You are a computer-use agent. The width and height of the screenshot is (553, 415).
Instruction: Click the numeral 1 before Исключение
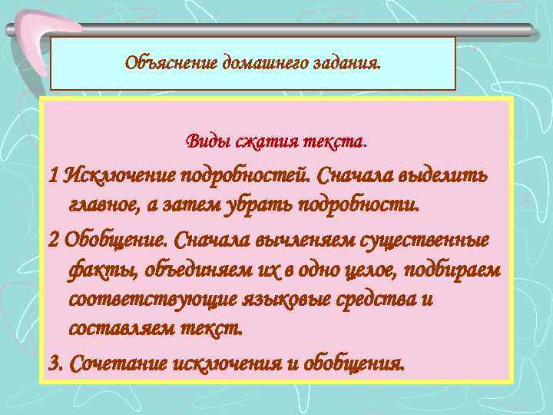[52, 176]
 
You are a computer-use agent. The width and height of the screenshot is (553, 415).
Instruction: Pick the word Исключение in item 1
[119, 176]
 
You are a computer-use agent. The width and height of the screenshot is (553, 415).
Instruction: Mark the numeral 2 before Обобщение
[53, 238]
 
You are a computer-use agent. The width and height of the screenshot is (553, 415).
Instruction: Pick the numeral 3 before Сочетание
[54, 362]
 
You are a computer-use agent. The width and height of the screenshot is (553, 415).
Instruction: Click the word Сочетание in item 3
[113, 362]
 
